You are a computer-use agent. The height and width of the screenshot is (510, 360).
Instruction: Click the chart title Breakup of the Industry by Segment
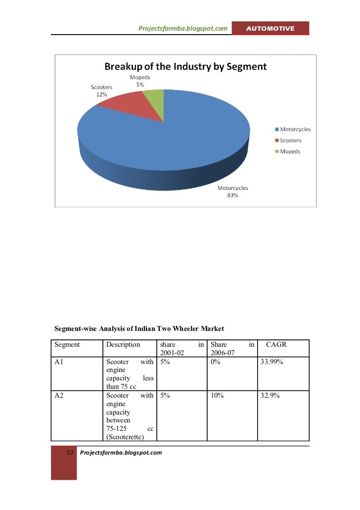pos(185,66)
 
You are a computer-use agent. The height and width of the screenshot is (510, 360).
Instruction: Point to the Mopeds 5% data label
pos(140,81)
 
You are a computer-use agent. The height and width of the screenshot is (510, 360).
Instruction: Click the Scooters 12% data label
pos(101,91)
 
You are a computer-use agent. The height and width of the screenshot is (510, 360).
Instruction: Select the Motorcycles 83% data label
pos(233,191)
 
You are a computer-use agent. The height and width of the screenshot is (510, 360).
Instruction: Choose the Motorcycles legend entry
pos(293,129)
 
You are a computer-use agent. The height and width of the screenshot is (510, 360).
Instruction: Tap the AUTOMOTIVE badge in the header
pos(270,29)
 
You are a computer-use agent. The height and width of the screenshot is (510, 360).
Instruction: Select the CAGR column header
pos(276,344)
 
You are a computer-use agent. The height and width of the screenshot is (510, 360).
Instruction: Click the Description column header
pos(123,344)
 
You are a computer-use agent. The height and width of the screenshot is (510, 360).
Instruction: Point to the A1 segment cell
pos(59,362)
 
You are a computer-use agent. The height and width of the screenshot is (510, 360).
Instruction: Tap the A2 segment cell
pos(59,396)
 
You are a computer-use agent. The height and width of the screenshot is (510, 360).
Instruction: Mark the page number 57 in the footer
pos(70,453)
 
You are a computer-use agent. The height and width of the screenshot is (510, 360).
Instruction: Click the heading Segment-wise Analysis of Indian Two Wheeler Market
pos(139,328)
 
